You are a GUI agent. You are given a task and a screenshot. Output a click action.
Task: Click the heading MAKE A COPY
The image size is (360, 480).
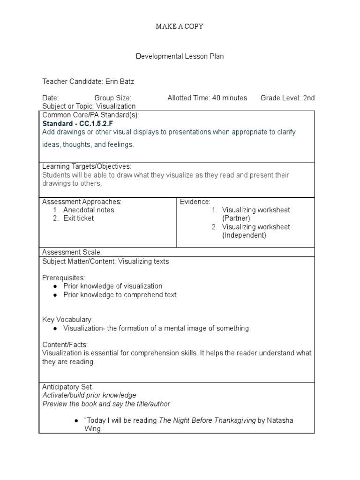tap(180, 26)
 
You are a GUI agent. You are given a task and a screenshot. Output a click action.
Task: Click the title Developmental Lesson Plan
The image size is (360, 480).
tap(180, 56)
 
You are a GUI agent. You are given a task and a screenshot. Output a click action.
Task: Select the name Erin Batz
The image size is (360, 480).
tap(120, 82)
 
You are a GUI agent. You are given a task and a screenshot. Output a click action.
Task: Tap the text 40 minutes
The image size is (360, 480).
tap(229, 98)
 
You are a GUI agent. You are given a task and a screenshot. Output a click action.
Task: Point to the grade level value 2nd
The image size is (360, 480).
tap(309, 98)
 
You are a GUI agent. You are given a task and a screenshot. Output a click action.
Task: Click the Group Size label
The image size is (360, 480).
tap(113, 98)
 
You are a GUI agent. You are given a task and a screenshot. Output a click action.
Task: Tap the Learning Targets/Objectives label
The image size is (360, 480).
tap(87, 166)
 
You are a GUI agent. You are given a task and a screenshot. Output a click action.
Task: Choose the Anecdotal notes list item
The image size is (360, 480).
tap(89, 210)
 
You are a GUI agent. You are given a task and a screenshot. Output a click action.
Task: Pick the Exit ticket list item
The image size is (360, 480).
tap(79, 218)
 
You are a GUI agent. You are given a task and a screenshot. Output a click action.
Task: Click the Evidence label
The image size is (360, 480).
tap(195, 202)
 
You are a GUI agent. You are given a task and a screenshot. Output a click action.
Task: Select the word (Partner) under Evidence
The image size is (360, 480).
tap(236, 218)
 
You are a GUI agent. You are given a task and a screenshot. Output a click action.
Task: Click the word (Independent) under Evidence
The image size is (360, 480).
tap(244, 235)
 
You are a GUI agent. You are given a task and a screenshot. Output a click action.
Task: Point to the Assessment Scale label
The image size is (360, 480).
tap(72, 252)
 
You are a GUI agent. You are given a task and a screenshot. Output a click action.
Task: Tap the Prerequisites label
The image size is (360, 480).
tap(64, 278)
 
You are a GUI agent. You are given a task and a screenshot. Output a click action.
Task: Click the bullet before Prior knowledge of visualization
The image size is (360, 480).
tap(55, 286)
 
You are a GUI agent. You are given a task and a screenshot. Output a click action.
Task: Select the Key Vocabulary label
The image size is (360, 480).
tap(67, 319)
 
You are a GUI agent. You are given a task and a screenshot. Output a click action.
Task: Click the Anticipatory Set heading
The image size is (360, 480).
tap(67, 387)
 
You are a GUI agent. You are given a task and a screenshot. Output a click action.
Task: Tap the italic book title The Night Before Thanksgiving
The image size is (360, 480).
tap(207, 420)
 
